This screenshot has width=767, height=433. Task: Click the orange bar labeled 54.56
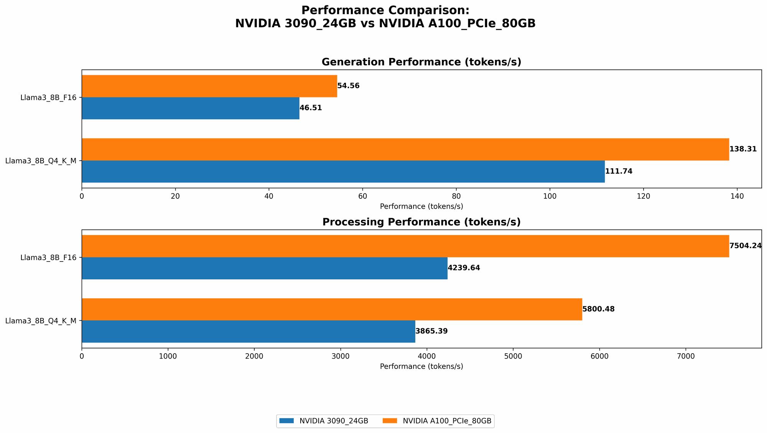point(209,86)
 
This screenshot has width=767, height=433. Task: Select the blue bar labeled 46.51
point(190,108)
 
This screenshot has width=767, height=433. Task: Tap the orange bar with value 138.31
point(405,149)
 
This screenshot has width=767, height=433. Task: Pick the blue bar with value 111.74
point(343,171)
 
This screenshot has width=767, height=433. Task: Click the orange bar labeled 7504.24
point(405,246)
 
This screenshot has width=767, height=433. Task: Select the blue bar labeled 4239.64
point(264,268)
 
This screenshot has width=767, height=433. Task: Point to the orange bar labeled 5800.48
point(332,309)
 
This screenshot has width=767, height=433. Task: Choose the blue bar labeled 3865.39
point(248,331)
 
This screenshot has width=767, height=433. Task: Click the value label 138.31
point(743,149)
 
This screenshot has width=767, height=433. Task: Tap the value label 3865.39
point(431,331)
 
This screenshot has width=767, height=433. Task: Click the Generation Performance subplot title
point(421,62)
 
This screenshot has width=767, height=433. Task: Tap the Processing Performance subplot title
point(421,222)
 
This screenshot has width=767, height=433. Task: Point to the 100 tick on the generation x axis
point(550,196)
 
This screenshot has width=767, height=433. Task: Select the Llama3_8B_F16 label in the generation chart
point(48,97)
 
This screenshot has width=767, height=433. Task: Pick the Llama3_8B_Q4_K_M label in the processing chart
point(41,321)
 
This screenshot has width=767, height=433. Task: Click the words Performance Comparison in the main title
point(385,10)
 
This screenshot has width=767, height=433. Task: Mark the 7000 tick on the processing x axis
point(686,356)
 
